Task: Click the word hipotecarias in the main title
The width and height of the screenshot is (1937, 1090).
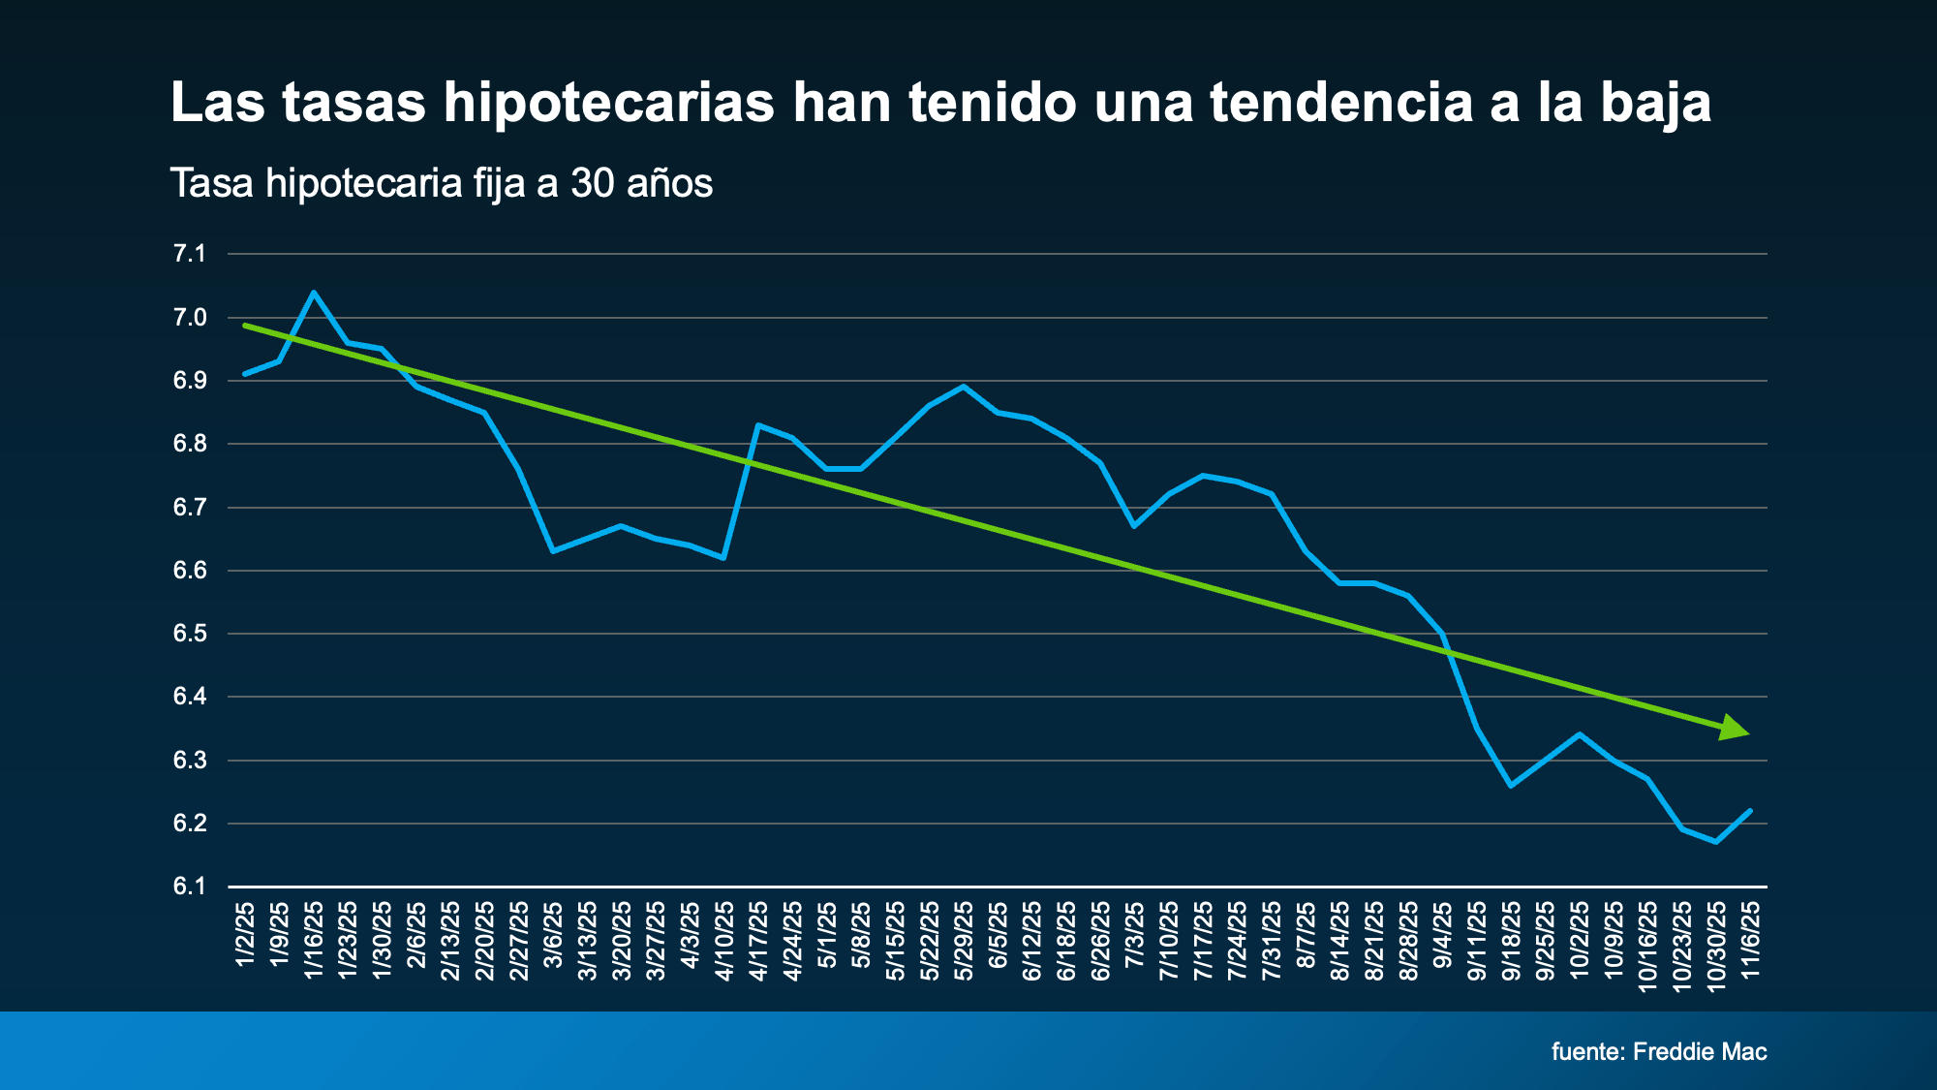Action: point(608,103)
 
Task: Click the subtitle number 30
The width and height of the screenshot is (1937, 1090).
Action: point(592,183)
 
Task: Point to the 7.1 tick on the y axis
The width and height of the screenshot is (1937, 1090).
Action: point(190,254)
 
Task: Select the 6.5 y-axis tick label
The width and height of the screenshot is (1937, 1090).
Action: point(190,634)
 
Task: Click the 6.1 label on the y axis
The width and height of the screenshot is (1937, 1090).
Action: point(190,887)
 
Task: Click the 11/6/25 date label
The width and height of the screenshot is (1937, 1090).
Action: point(1750,940)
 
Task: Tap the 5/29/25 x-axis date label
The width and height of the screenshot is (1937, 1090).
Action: point(964,940)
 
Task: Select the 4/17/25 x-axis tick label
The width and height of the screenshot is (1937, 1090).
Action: point(758,940)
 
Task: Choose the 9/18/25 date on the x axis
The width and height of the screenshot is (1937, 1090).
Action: point(1511,940)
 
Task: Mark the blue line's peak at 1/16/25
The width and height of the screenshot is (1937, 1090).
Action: point(313,292)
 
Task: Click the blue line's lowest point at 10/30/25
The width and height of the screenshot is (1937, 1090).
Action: point(1716,842)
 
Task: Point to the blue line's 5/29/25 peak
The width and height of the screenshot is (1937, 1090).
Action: point(963,386)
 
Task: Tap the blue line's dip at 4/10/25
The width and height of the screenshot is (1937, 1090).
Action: point(723,558)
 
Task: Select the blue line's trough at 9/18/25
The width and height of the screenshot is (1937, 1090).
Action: point(1511,786)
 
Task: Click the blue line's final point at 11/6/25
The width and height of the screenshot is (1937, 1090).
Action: point(1750,810)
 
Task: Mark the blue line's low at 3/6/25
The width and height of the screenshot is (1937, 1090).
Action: point(552,551)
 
